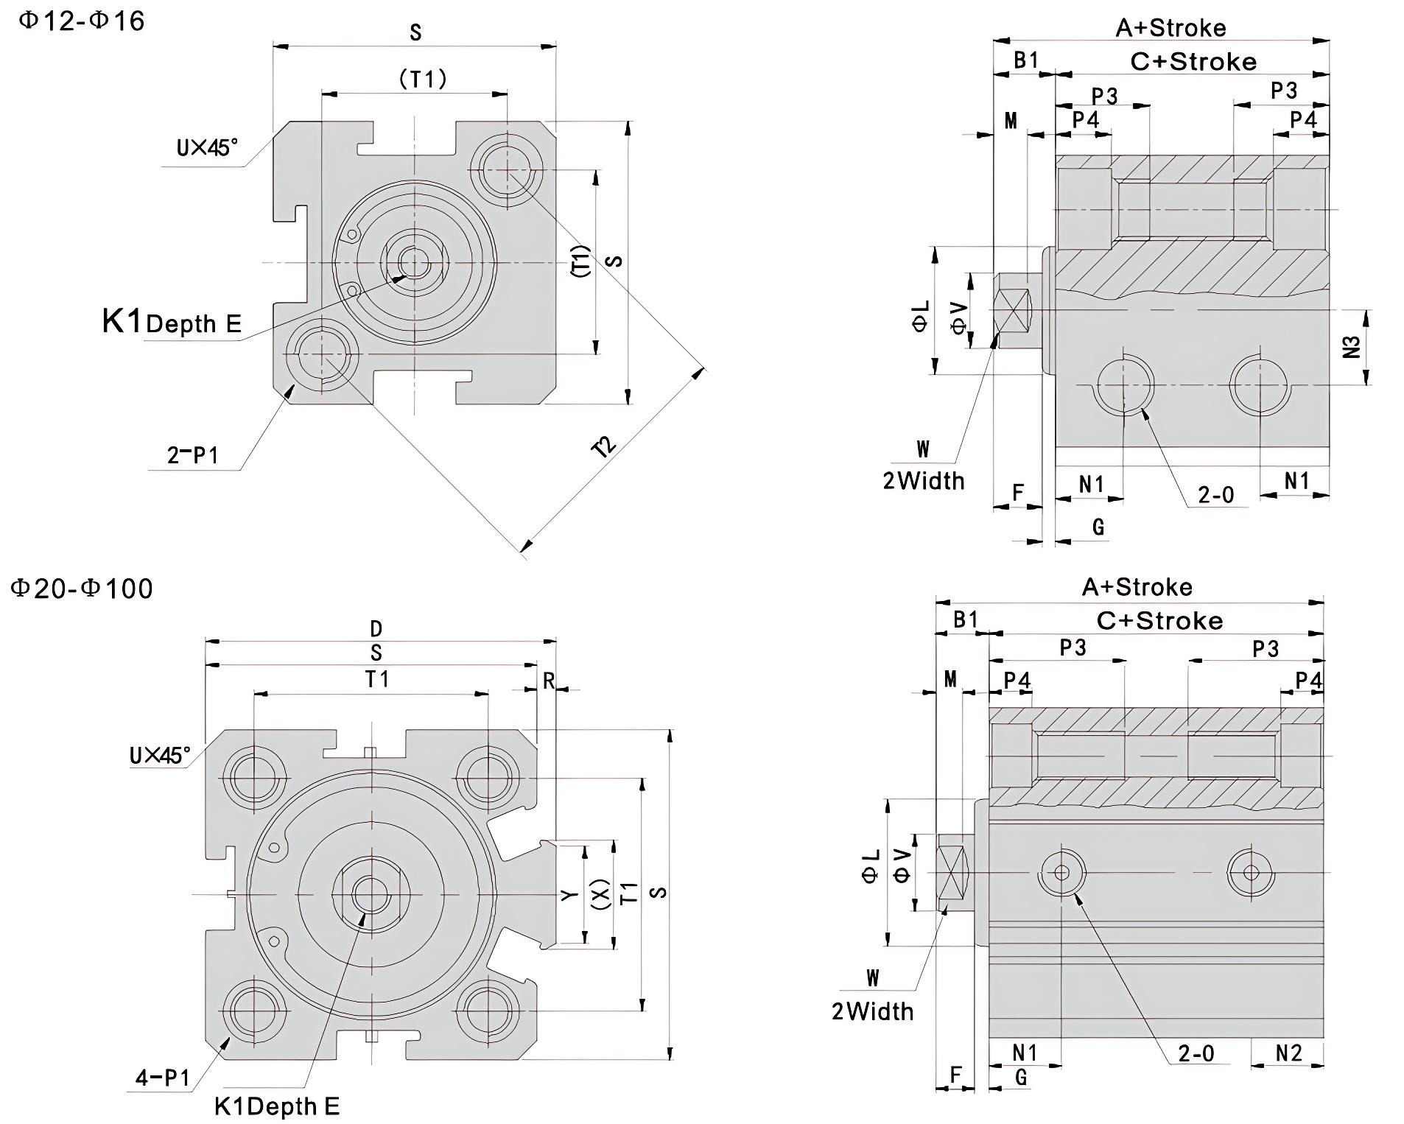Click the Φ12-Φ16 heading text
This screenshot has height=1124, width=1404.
(81, 21)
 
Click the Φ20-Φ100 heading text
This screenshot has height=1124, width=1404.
(82, 589)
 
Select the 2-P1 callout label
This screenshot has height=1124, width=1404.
(193, 455)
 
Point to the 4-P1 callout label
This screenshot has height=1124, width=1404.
(163, 1078)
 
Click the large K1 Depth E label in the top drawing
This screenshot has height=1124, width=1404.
(172, 322)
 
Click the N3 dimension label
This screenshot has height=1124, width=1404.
(1352, 347)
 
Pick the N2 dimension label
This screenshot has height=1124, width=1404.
(1288, 1053)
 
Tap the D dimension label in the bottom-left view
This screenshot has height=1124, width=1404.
(376, 628)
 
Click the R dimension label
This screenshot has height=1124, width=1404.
(548, 681)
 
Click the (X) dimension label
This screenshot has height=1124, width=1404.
(601, 893)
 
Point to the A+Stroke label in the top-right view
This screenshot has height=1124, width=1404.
(1170, 28)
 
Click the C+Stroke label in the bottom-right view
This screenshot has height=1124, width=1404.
(1159, 621)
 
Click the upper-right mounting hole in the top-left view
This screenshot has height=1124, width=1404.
(507, 170)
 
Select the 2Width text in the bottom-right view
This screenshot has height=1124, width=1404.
(872, 1011)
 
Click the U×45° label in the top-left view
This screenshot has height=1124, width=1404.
(207, 148)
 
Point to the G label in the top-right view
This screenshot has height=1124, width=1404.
(1098, 526)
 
